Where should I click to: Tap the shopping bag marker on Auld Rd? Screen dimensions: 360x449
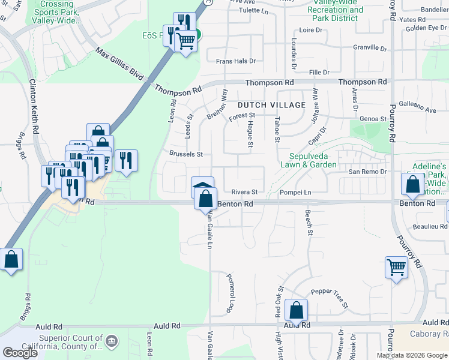[x=296, y=310]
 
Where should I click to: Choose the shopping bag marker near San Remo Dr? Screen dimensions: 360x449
[x=413, y=185]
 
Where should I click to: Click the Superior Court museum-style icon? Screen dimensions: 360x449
[x=110, y=341]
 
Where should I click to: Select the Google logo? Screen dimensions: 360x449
[x=20, y=352]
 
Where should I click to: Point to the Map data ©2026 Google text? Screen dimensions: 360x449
[x=412, y=355]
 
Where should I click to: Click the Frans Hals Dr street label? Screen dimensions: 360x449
[x=235, y=61]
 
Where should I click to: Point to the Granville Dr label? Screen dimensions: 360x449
[x=370, y=47]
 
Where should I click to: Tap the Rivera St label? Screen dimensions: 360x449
[x=245, y=192]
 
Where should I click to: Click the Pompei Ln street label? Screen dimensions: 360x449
[x=295, y=192]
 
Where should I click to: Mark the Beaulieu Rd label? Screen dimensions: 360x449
[x=430, y=226]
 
